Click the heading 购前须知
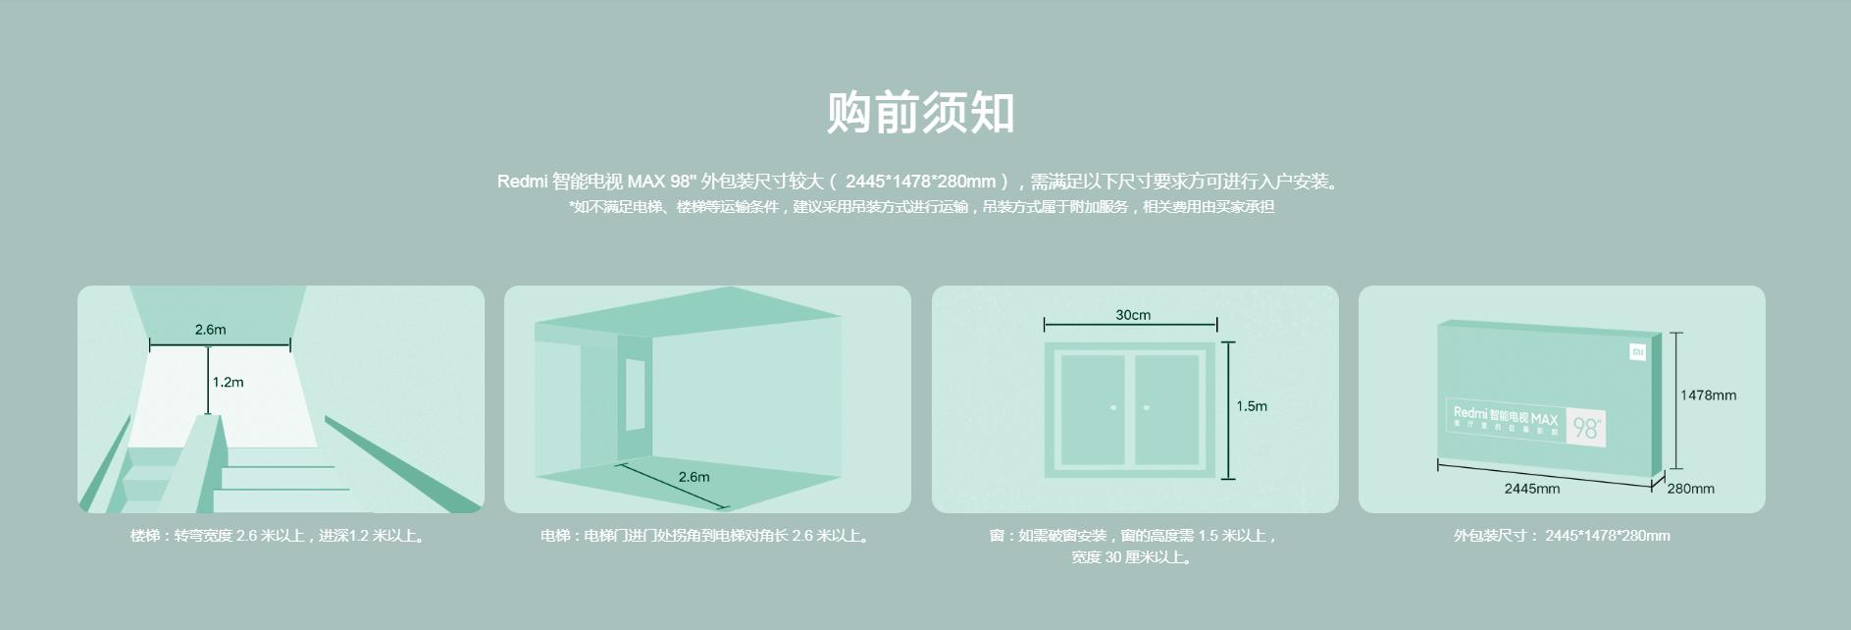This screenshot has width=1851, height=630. [x=920, y=112]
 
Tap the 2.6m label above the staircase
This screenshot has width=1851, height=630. [x=210, y=330]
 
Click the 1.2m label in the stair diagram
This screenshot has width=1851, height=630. [x=228, y=382]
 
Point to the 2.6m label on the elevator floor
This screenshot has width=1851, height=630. [x=694, y=477]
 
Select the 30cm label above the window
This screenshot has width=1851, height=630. [x=1133, y=315]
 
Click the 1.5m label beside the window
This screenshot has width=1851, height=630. [x=1252, y=406]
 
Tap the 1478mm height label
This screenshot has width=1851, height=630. [x=1708, y=395]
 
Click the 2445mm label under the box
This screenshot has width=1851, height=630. [x=1531, y=489]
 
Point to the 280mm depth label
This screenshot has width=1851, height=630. [x=1690, y=489]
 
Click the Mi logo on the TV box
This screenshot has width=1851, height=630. [x=1637, y=351]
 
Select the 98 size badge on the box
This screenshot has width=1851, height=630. [x=1585, y=428]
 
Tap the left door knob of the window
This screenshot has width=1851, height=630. [x=1113, y=407]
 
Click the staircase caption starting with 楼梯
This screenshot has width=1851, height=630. [x=279, y=536]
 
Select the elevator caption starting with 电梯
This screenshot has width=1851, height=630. [x=705, y=536]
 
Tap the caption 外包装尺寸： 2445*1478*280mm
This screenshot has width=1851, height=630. [x=1562, y=536]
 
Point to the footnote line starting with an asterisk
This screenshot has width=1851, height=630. [x=921, y=207]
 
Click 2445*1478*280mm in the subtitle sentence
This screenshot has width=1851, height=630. [x=920, y=182]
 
